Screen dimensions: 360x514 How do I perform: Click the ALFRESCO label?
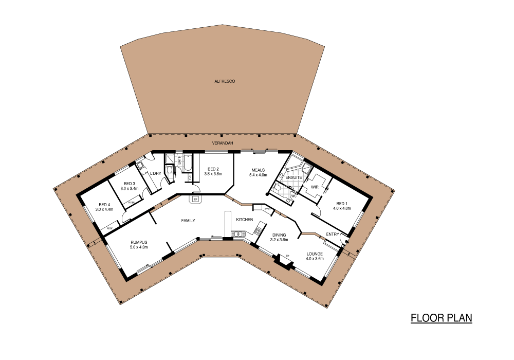point(225,81)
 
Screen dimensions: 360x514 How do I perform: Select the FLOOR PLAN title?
point(441,318)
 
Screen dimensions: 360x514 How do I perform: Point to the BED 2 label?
point(213,169)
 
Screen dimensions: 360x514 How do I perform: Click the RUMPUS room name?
point(139,242)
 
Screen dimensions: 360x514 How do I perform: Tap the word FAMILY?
point(188,221)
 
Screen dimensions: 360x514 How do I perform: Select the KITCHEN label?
point(245,220)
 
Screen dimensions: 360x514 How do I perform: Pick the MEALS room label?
point(258,170)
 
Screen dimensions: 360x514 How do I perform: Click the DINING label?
point(279,235)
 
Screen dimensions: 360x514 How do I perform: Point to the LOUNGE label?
point(315,254)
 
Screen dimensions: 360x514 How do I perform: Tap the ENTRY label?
point(333,235)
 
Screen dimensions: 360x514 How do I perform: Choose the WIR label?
point(315,187)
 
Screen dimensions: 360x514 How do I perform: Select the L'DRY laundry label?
point(156,173)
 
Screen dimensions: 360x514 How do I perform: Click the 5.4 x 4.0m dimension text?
point(258,175)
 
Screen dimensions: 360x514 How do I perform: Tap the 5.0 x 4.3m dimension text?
point(139,247)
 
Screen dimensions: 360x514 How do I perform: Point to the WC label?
point(293,195)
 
